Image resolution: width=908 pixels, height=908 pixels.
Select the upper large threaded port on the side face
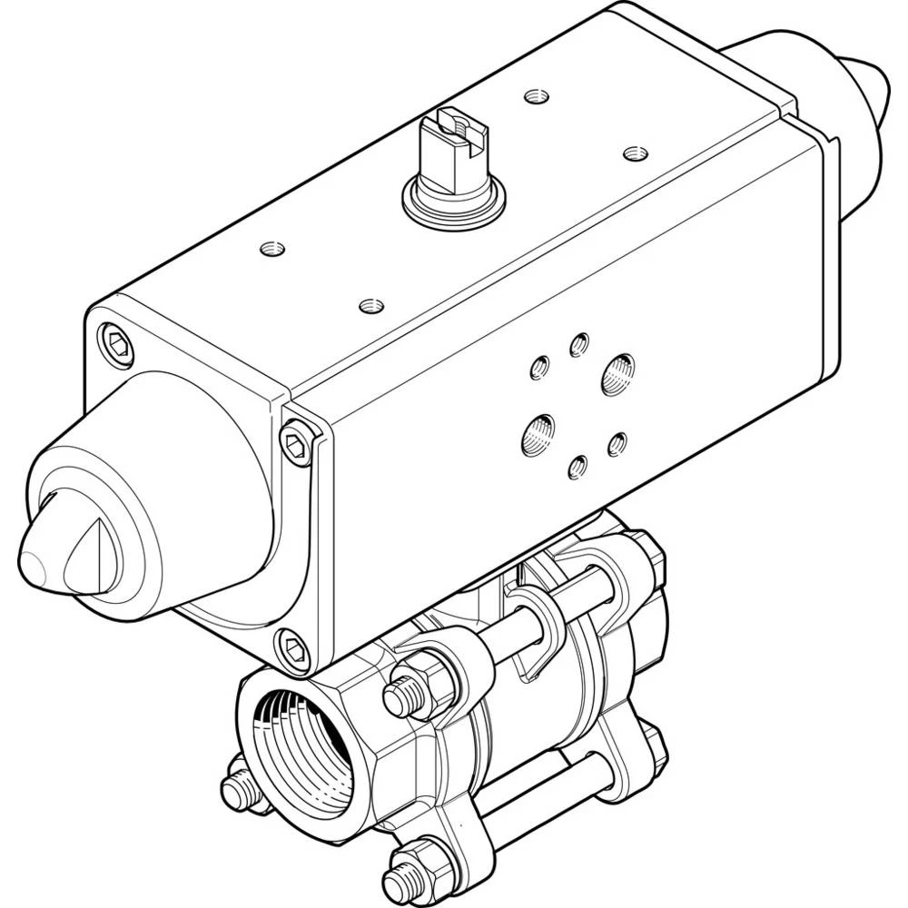pos(618,374)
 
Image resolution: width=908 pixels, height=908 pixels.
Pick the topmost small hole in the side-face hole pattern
pos(578,344)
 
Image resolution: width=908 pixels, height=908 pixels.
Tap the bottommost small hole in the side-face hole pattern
pos(576,467)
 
